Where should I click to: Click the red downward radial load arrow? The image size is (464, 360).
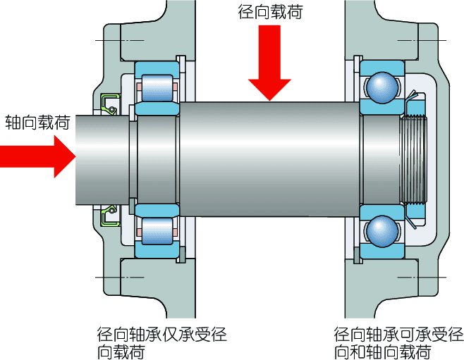click(x=269, y=62)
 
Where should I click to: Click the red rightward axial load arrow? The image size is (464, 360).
click(x=37, y=156)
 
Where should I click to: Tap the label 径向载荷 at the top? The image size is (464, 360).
click(x=270, y=12)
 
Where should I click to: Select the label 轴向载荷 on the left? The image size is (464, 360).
click(x=37, y=123)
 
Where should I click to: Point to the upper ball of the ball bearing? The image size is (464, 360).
click(x=382, y=87)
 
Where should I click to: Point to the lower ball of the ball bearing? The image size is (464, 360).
click(x=382, y=231)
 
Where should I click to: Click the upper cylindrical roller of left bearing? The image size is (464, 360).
click(x=157, y=88)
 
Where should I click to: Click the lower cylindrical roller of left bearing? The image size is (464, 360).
click(x=157, y=231)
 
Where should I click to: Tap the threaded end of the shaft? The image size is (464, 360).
click(x=415, y=160)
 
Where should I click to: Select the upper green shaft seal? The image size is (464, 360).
click(x=109, y=104)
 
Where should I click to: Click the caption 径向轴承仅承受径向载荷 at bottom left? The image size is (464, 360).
click(x=161, y=343)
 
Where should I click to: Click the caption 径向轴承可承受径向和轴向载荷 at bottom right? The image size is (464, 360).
click(x=398, y=343)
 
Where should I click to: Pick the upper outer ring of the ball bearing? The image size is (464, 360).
click(x=382, y=67)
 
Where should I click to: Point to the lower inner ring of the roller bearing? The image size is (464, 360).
click(x=157, y=211)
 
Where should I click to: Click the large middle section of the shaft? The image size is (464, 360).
click(x=269, y=159)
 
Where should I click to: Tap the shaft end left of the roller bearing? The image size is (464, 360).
click(x=102, y=160)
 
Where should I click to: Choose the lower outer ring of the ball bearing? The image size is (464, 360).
click(x=382, y=252)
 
